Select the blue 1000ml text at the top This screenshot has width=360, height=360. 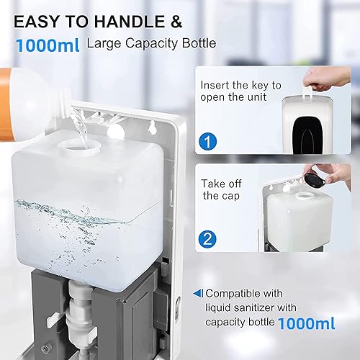[46, 45]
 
